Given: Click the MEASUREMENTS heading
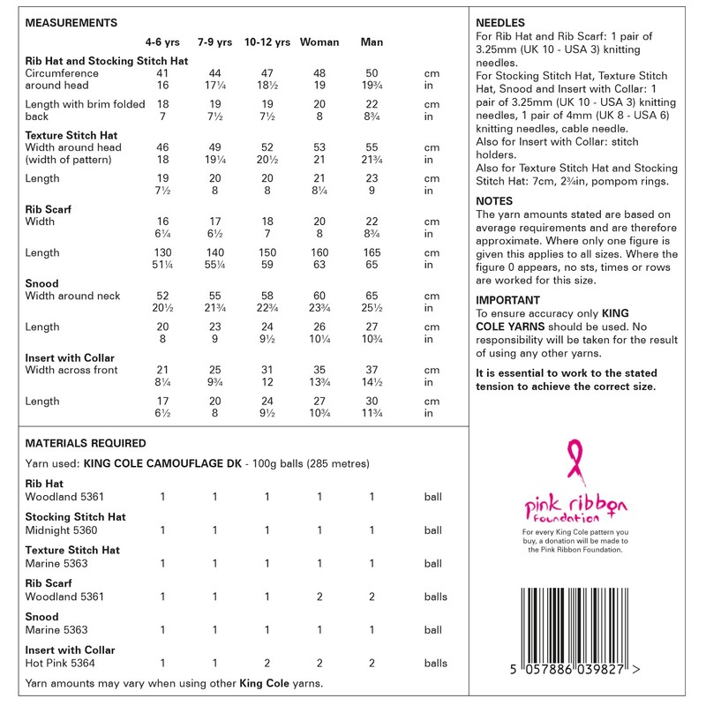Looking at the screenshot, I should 72,22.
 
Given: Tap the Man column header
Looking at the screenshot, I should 372,42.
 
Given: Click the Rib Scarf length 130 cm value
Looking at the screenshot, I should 162,253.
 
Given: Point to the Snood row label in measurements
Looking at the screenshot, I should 42,284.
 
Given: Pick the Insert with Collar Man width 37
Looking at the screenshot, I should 372,370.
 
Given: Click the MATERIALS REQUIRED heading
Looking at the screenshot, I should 86,444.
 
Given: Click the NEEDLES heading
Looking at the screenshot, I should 500,22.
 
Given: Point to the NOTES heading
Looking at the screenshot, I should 494,201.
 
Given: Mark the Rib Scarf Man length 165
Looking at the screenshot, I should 372,253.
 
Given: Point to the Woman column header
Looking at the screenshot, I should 319,42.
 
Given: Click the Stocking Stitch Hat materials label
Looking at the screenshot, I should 75,516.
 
